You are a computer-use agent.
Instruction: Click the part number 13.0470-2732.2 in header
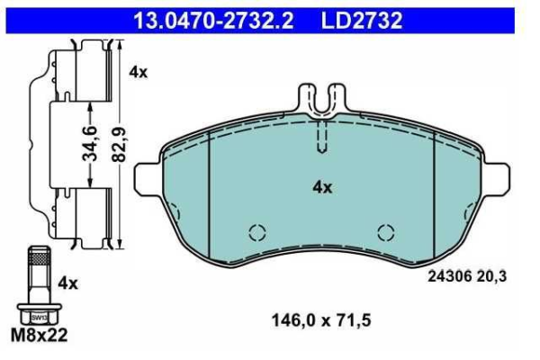pyautogui.click(x=213, y=21)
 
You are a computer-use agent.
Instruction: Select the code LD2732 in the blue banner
pyautogui.click(x=362, y=21)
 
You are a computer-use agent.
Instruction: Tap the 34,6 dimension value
pyautogui.click(x=90, y=144)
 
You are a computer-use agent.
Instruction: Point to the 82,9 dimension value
pyautogui.click(x=120, y=144)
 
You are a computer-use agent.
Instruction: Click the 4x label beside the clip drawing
pyautogui.click(x=138, y=73)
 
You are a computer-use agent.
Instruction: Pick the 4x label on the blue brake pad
pyautogui.click(x=322, y=188)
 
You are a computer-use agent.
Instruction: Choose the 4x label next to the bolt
pyautogui.click(x=68, y=283)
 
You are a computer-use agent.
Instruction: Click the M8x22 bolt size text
pyautogui.click(x=40, y=335)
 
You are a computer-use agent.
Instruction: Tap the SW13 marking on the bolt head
pyautogui.click(x=40, y=318)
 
